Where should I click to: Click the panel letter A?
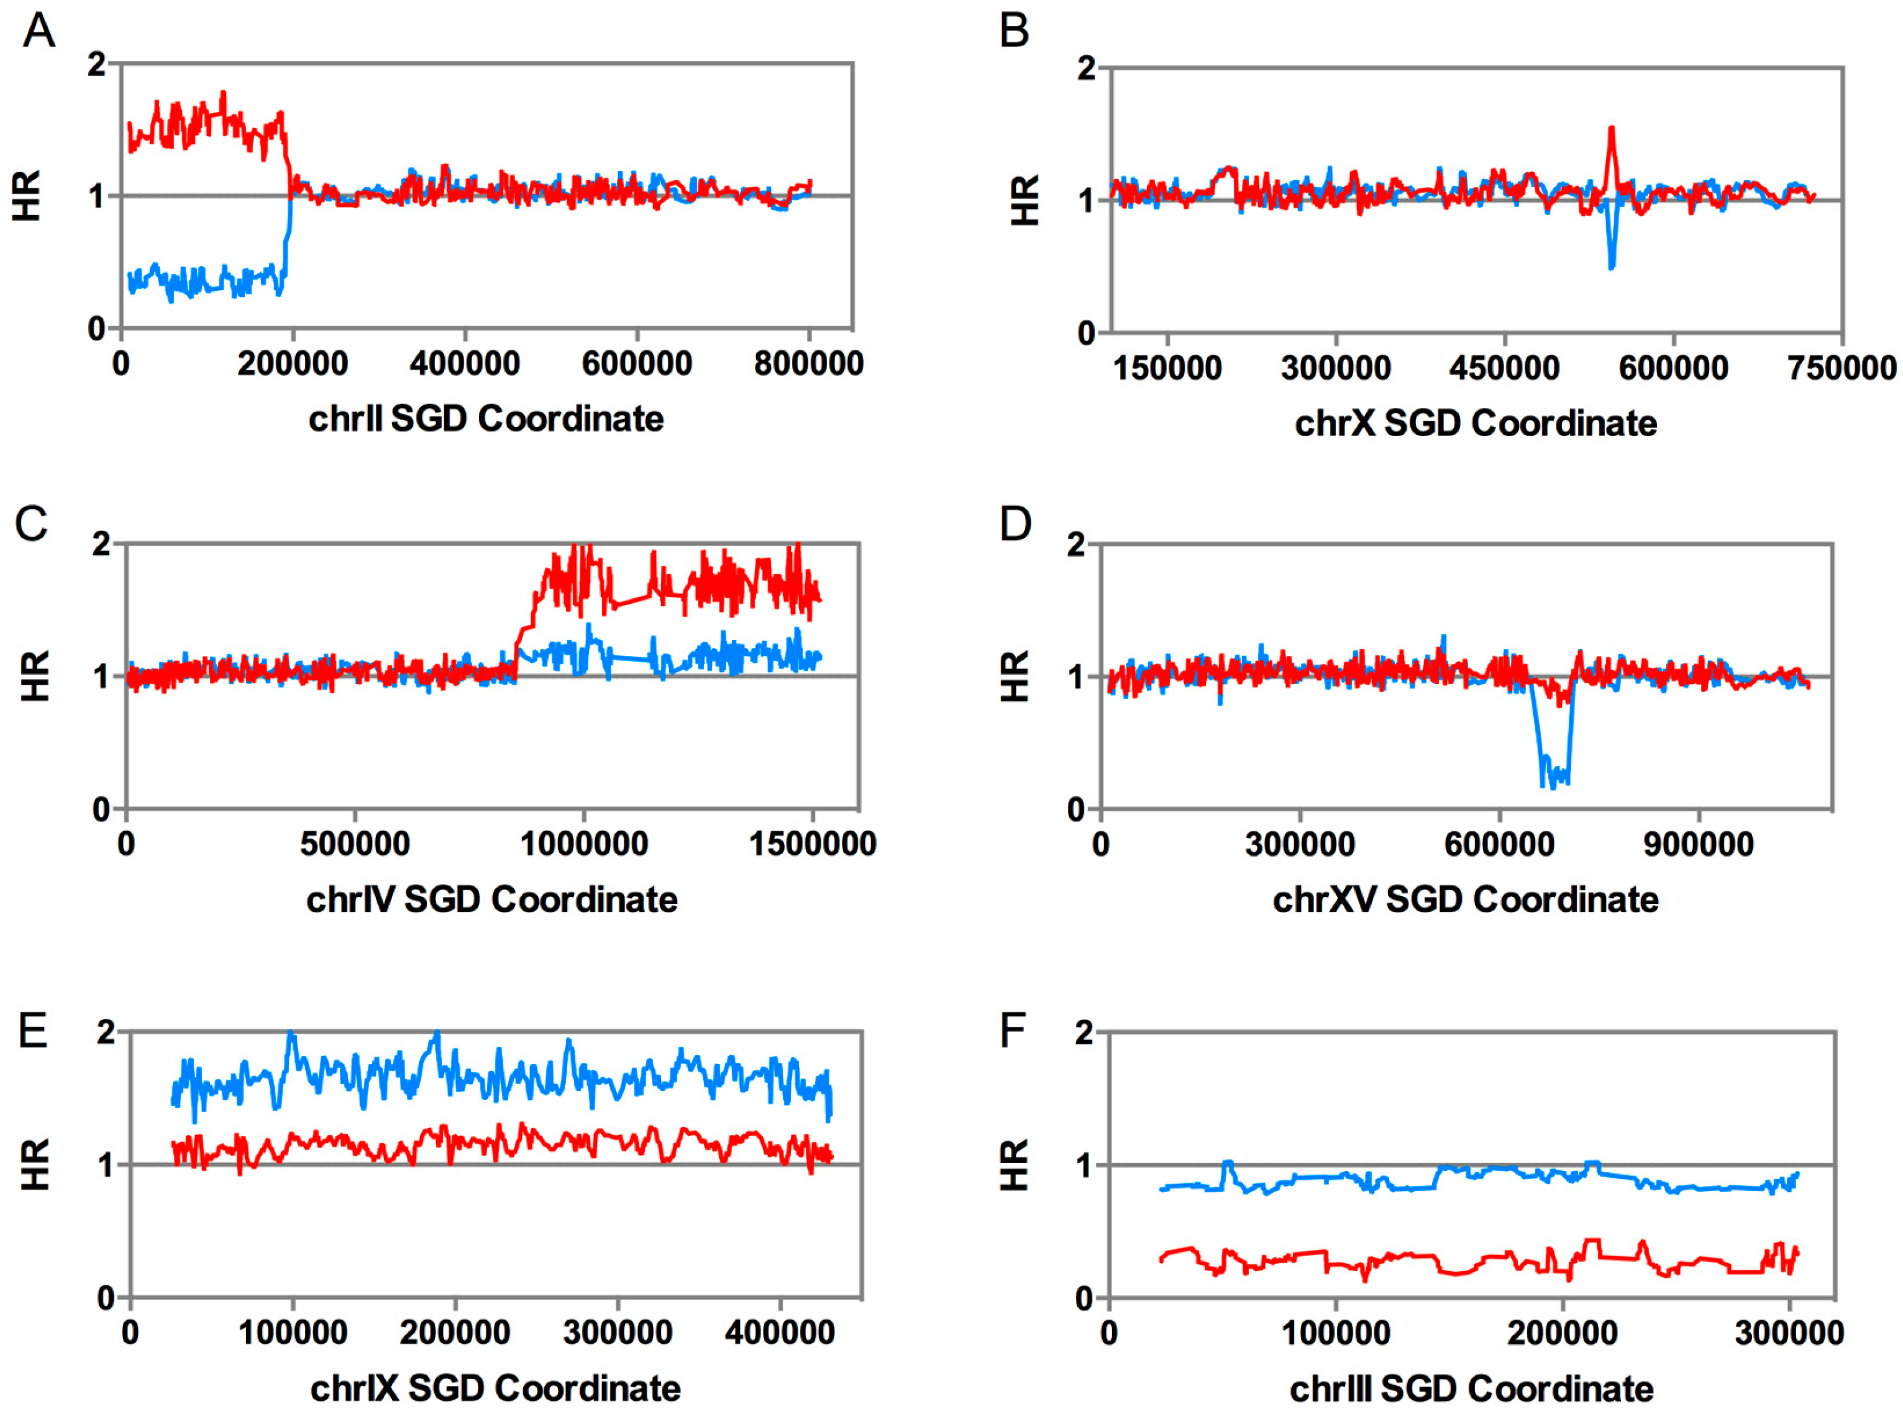tap(39, 32)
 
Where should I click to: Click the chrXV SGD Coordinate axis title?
tap(1465, 900)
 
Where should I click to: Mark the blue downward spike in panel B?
tap(1612, 262)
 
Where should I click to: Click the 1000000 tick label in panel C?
tap(583, 844)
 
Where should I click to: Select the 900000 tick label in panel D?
tap(1698, 845)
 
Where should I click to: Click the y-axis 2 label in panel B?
tap(1086, 68)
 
